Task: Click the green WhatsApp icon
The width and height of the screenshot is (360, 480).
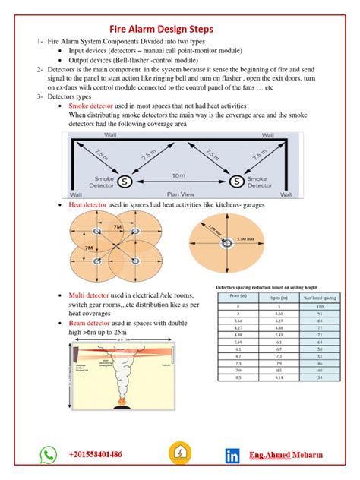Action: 49,455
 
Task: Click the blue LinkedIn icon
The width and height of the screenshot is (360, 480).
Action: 232,456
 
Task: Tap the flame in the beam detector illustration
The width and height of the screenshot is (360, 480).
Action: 121,399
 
